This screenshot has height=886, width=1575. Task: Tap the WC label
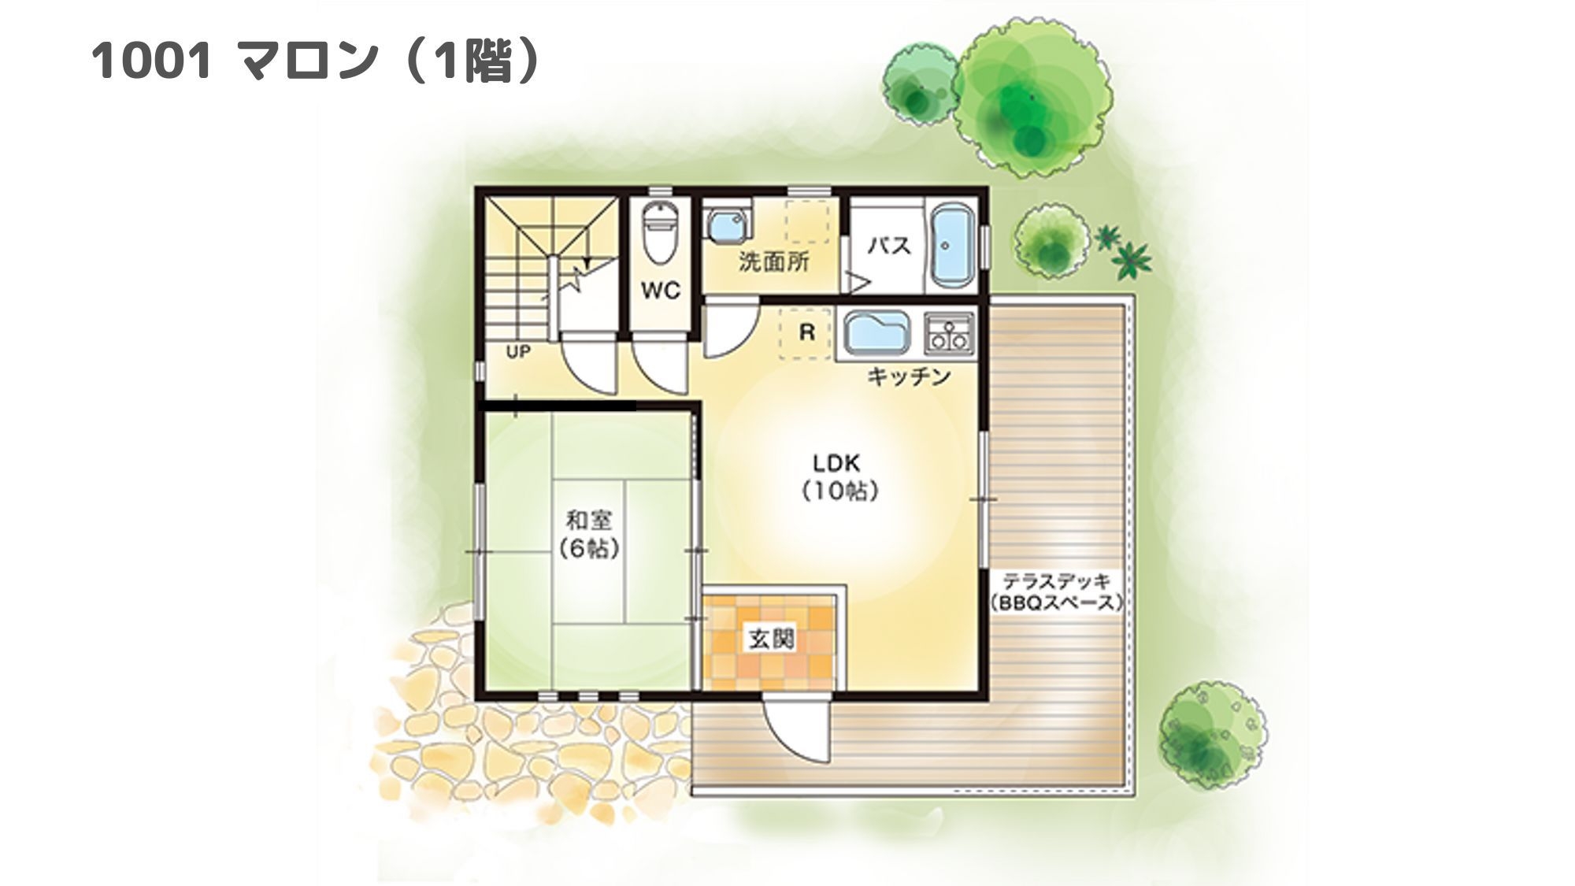point(660,291)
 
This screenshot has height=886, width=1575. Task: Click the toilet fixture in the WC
point(659,232)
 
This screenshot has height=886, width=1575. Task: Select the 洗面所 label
point(773,261)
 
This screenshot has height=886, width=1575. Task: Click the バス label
point(889,246)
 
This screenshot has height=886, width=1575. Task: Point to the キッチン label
point(909,377)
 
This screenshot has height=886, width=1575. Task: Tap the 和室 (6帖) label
point(589,535)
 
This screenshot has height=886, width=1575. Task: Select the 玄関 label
point(771,639)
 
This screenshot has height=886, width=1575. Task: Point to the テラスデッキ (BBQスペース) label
point(1056,592)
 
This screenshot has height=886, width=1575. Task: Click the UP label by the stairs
point(518,352)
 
